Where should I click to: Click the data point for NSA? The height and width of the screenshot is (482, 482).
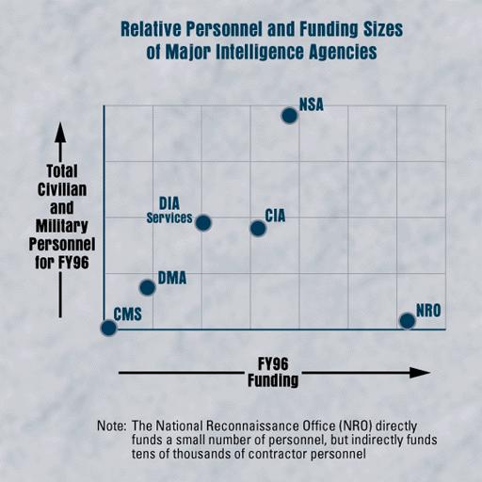290,116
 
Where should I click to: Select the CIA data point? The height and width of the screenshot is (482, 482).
257,228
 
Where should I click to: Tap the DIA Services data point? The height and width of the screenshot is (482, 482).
202,222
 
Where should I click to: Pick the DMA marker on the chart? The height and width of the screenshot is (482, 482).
147,287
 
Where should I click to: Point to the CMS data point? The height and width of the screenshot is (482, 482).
108,328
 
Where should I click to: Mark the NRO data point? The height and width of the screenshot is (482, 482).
407,321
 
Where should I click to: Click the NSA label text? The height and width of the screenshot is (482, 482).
312,104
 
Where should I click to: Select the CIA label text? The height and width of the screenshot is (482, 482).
275,216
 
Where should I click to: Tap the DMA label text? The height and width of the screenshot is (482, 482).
171,278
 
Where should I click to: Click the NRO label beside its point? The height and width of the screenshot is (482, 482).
428,313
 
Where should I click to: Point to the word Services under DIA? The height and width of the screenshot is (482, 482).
169,218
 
